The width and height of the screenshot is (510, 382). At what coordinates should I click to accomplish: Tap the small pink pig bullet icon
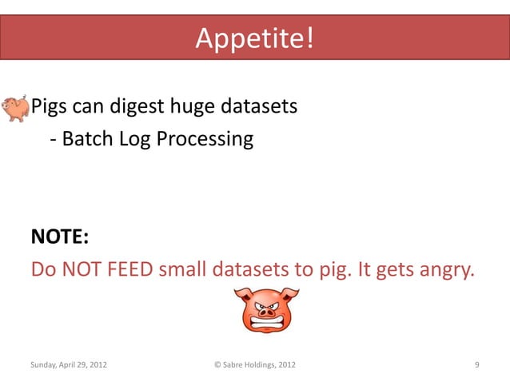14,108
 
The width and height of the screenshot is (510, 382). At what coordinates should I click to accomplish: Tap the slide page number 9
476,365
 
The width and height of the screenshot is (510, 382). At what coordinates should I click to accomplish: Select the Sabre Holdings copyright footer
255,365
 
